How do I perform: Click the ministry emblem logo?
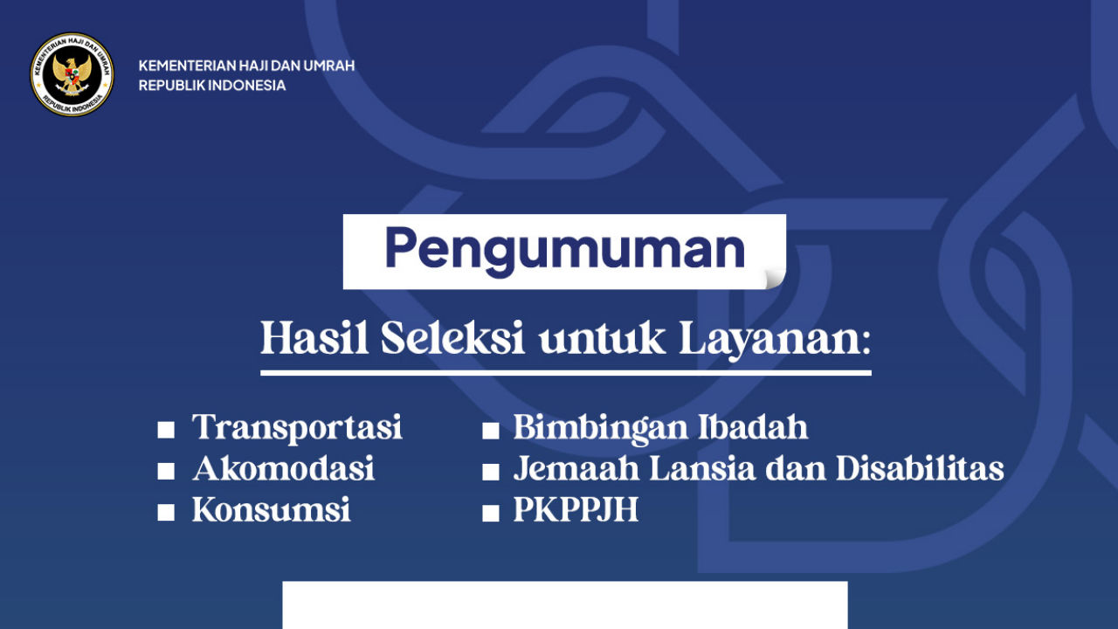(72, 74)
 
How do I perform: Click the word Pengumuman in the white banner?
(564, 250)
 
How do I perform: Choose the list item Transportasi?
(297, 428)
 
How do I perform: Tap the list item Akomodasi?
(283, 469)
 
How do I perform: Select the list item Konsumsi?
(271, 510)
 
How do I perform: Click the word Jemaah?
(574, 469)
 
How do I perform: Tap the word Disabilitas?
(920, 469)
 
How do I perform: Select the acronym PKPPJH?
(576, 510)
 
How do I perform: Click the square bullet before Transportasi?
(166, 430)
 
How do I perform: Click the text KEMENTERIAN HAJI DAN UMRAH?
(246, 66)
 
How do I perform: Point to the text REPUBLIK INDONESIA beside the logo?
(211, 86)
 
